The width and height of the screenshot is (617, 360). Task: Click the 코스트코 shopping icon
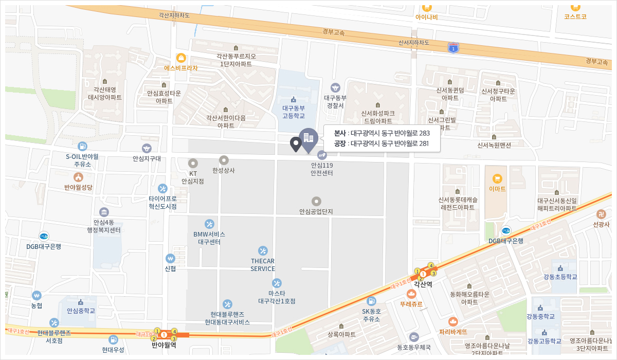coord(575,7)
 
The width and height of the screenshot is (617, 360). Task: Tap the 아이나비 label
coord(426,17)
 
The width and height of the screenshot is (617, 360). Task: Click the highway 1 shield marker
coord(453,48)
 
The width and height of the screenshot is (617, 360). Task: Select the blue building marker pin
coord(308,139)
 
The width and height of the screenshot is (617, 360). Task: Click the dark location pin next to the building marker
coord(296,144)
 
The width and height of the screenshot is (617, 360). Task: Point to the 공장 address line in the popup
coord(381,143)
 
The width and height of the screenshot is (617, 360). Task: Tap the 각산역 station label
coord(423,284)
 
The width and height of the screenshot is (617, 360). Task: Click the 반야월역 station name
coord(164,345)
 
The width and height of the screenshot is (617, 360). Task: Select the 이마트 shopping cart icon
coord(497,179)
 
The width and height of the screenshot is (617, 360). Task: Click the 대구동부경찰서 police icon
coord(335,88)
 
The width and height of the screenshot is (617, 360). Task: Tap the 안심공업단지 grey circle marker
coord(317,201)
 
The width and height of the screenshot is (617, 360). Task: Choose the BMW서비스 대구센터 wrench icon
coord(209,224)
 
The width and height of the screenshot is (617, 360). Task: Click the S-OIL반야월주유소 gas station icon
coord(82,147)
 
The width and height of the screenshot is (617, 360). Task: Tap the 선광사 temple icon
coord(601,214)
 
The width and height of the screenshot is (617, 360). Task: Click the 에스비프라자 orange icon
coord(181,58)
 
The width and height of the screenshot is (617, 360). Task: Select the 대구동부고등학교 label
coord(294,112)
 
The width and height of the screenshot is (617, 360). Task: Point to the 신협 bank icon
coord(170,258)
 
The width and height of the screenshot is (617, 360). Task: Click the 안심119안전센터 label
coord(322,169)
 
